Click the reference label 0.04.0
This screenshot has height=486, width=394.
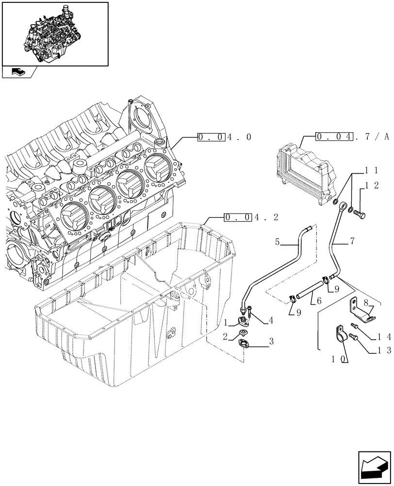pyautogui.click(x=225, y=138)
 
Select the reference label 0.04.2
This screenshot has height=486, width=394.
pyautogui.click(x=251, y=217)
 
